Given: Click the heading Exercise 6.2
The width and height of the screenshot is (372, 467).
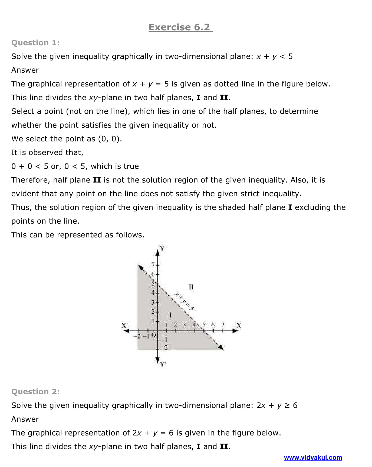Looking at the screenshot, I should click(180, 27).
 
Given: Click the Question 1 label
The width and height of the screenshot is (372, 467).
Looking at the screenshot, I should click(35, 43).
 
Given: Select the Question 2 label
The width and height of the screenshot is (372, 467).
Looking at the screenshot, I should click(35, 392).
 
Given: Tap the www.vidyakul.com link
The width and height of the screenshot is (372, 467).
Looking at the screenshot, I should click(313, 458).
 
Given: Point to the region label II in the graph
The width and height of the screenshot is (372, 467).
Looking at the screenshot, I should click(191, 287).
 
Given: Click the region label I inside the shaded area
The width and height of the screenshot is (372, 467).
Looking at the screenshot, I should click(170, 315).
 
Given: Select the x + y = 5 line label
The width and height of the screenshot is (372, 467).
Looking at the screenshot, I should click(184, 301).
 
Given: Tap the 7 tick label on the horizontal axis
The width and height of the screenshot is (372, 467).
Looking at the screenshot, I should click(223, 325).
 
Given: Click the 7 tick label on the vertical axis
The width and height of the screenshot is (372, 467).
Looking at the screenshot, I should click(153, 265).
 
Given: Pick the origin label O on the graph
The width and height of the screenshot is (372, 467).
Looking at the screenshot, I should click(154, 335).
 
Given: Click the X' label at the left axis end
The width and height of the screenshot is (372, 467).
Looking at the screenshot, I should click(124, 325).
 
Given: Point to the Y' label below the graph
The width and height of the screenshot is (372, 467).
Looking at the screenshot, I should click(163, 364).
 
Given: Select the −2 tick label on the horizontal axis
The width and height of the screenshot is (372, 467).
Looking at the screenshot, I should click(138, 336).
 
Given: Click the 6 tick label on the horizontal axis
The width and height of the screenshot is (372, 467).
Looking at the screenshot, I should click(213, 325).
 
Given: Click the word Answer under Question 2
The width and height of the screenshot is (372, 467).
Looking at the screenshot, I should click(25, 419).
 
